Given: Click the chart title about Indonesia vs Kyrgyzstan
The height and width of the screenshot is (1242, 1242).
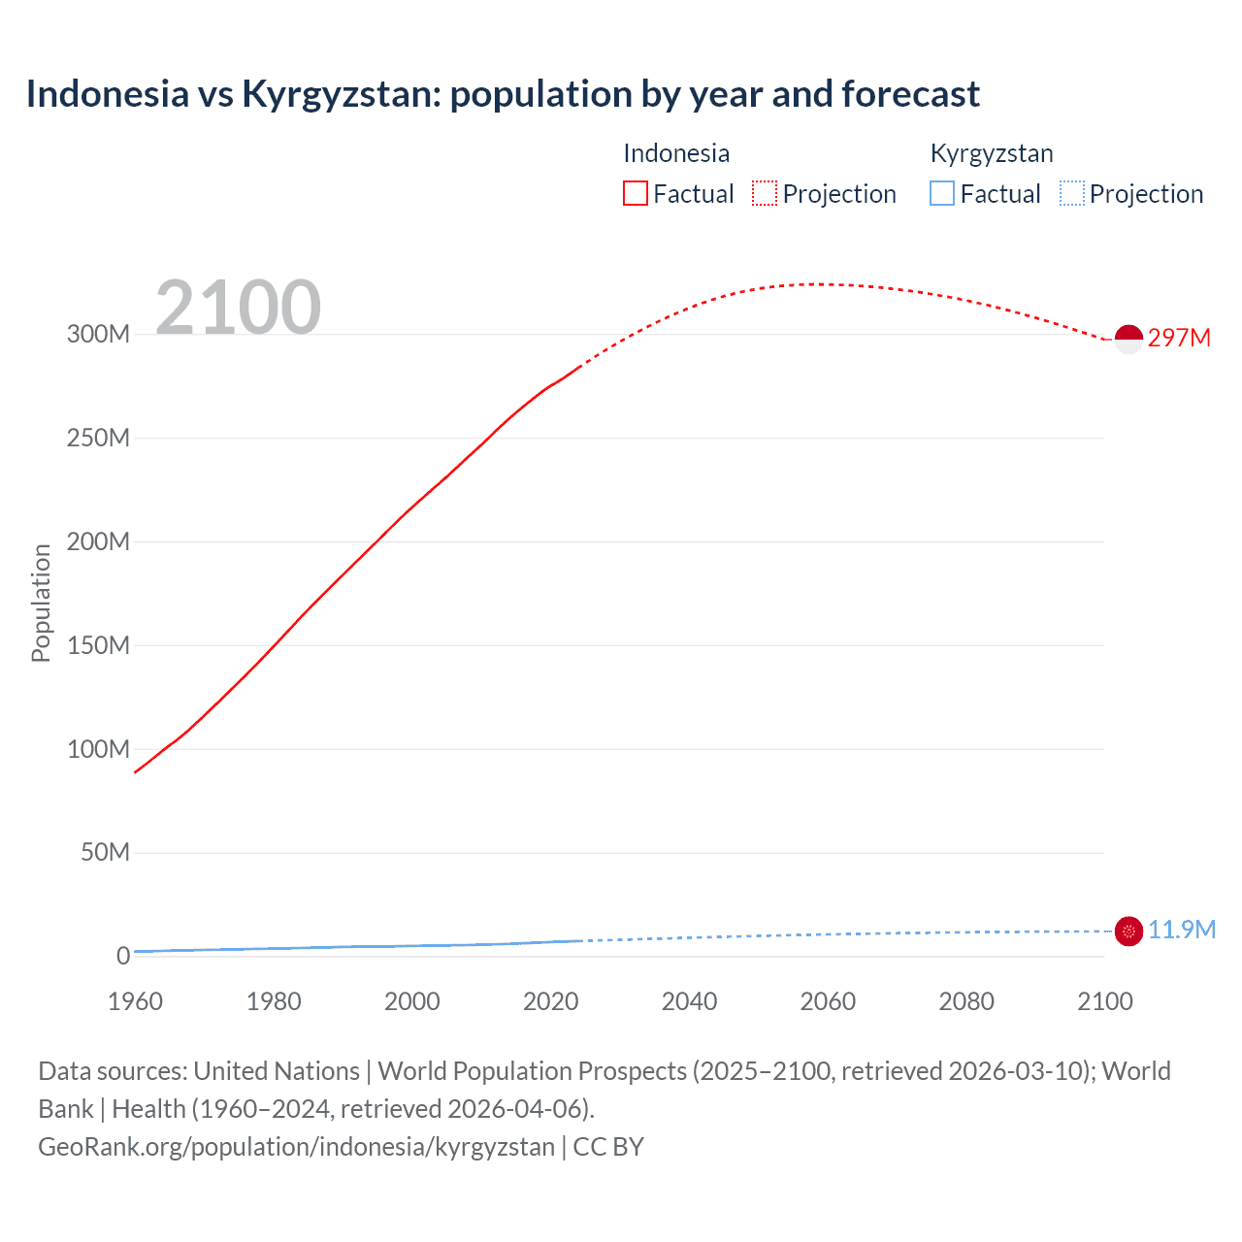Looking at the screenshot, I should [503, 94].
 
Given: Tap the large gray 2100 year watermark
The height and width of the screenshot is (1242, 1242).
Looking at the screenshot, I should [238, 308].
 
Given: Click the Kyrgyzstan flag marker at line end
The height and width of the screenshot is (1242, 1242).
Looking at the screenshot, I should [1128, 931].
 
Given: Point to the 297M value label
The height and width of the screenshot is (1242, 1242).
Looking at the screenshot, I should [1179, 338].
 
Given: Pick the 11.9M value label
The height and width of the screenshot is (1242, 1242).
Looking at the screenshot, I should [1181, 930].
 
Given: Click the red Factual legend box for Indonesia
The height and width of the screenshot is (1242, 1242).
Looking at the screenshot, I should [636, 193].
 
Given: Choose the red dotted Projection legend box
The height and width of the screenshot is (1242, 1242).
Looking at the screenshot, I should [765, 193].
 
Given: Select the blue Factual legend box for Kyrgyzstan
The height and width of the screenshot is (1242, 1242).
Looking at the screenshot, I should [942, 193].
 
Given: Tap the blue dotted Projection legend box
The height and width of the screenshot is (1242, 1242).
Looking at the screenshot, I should [1071, 193].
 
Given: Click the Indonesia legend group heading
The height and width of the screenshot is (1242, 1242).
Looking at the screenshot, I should [676, 153].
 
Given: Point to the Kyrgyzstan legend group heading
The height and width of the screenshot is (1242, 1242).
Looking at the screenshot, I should [992, 153].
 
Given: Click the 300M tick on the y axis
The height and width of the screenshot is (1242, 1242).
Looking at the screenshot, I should [98, 334].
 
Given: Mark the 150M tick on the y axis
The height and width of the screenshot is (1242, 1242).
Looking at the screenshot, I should [98, 645].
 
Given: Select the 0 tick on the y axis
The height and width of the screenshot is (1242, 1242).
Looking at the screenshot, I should [122, 956].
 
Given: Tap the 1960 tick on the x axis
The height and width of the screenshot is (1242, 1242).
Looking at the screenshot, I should [135, 1001].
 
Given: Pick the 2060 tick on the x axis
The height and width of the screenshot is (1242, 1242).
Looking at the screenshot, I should [828, 1001].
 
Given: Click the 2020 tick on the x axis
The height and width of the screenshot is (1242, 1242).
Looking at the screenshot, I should [550, 1001].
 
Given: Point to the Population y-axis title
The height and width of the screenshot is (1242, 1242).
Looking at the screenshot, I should [41, 603].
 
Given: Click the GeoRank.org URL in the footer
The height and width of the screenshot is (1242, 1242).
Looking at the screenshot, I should [296, 1147].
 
